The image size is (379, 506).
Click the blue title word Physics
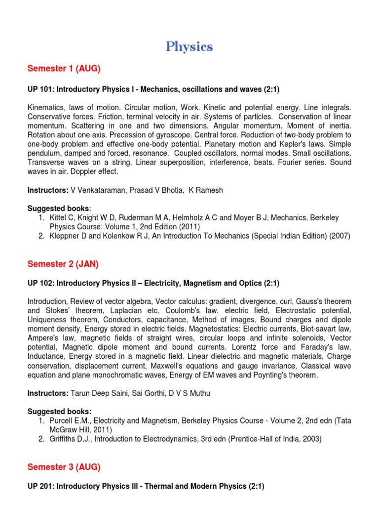189,47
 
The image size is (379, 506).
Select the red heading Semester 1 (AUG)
64,69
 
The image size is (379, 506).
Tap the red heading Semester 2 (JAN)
63,264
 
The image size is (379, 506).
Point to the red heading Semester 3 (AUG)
64,467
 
